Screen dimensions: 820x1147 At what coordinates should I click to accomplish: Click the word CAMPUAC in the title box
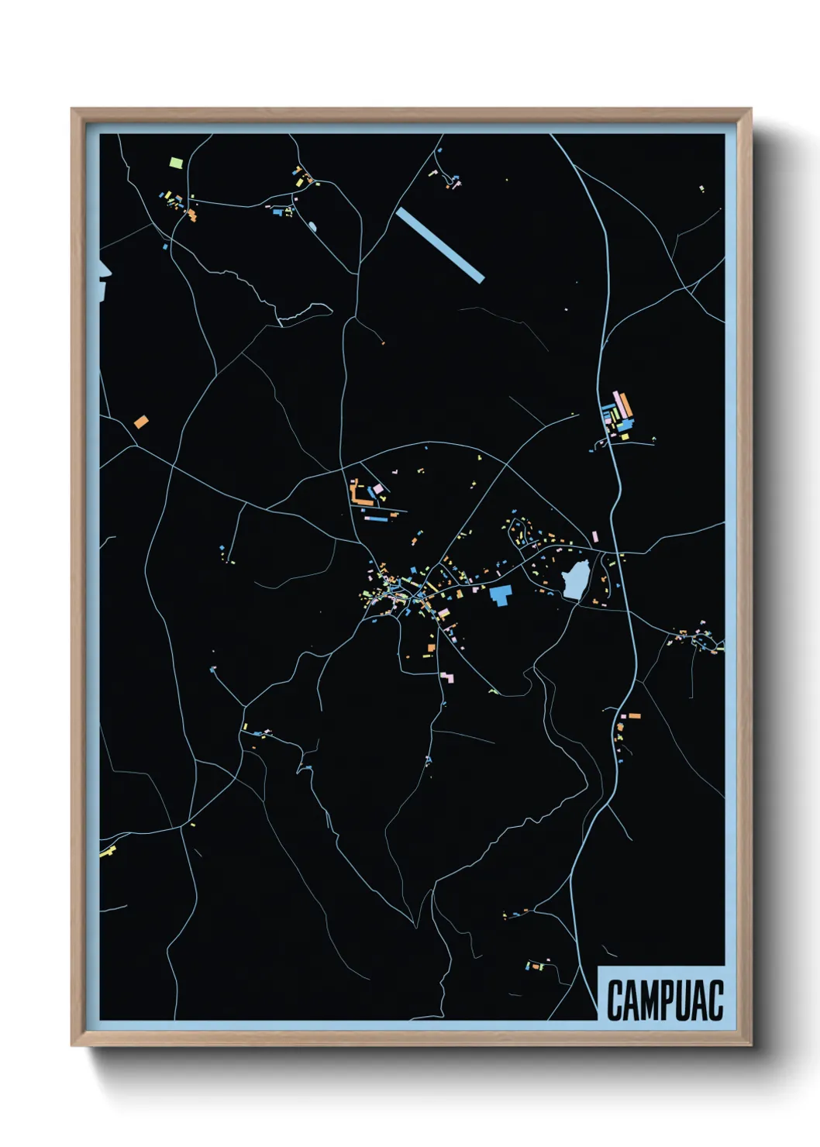pos(664,1000)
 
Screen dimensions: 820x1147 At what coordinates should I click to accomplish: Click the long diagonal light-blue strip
pos(439,245)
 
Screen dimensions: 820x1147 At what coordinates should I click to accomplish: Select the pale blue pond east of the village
pos(575,580)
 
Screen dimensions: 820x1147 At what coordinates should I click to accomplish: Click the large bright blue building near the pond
pos(501,595)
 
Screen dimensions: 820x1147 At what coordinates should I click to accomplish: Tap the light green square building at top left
pos(176,164)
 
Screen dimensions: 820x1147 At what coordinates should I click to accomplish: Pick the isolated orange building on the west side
pos(140,422)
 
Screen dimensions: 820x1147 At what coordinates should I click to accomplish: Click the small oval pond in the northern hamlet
pos(312,226)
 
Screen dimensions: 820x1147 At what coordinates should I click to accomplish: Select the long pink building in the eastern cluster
pos(619,403)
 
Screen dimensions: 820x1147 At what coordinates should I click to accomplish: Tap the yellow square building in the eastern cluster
pos(624,436)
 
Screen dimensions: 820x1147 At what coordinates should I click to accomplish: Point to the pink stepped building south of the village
pos(447,677)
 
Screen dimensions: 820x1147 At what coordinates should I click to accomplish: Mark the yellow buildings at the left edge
pos(107,852)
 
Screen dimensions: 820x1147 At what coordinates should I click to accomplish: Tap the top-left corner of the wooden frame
pos(72,109)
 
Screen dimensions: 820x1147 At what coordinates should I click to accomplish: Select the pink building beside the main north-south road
pos(594,536)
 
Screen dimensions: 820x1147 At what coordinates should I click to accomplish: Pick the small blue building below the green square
pos(164,247)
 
